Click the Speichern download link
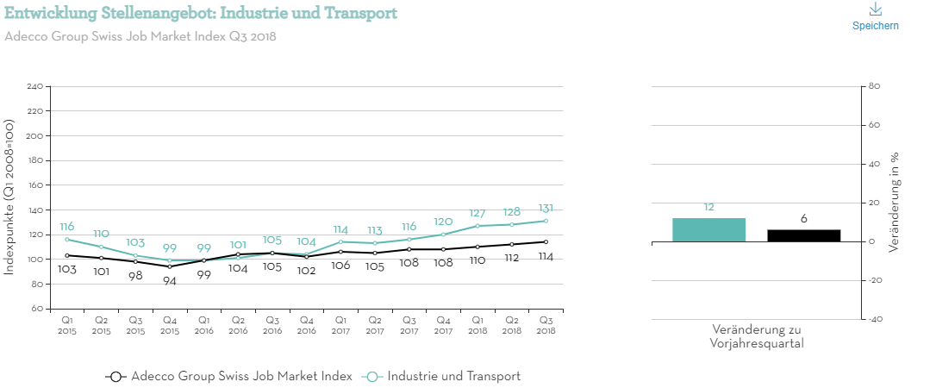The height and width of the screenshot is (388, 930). tap(875, 16)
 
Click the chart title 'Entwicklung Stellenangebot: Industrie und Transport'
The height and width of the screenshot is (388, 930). tap(201, 13)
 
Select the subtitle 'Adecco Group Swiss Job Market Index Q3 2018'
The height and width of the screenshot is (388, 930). tap(140, 36)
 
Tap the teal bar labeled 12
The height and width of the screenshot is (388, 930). tap(708, 229)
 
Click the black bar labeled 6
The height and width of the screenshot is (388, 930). tap(803, 235)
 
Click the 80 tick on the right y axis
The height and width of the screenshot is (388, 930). tap(873, 86)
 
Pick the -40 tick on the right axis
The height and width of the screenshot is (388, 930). tap(873, 319)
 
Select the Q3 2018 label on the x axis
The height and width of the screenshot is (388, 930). tap(546, 324)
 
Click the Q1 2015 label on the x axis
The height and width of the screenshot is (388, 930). tap(67, 324)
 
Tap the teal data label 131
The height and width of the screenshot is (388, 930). tap(546, 208)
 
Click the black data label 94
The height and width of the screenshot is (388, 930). tap(169, 281)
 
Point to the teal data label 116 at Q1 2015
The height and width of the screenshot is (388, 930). tap(67, 226)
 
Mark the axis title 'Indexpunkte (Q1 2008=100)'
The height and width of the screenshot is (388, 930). tap(9, 198)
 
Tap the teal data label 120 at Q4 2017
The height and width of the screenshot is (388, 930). tap(443, 222)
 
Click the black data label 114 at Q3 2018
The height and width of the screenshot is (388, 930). tap(546, 256)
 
